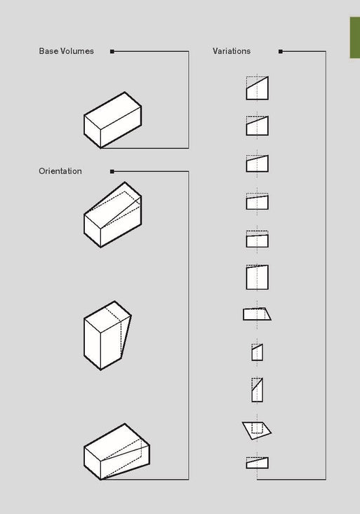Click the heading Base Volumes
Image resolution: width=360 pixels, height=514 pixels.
tap(66, 51)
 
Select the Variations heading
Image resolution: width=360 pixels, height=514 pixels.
tap(232, 51)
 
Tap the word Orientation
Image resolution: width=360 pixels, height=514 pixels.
tap(60, 171)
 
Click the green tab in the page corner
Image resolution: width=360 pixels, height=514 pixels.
tap(354, 39)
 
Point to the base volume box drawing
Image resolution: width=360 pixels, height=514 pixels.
tap(113, 120)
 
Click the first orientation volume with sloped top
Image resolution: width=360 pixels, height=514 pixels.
tap(113, 215)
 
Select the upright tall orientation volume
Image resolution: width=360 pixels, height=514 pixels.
tap(107, 335)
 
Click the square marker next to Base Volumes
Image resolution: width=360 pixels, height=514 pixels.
tap(112, 51)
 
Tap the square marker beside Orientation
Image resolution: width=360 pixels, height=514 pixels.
tap(112, 171)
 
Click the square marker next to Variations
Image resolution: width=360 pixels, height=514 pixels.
tap(281, 51)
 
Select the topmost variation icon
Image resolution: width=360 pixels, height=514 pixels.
tap(257, 88)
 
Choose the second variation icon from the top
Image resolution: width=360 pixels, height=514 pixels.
tap(257, 126)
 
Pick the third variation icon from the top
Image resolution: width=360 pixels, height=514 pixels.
tap(257, 163)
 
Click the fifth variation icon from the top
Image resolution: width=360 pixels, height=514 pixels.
tap(257, 239)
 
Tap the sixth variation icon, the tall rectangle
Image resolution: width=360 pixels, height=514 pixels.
tap(257, 276)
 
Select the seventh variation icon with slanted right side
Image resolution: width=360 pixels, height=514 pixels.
tap(257, 314)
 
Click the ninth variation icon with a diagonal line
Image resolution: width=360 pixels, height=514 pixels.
tap(257, 389)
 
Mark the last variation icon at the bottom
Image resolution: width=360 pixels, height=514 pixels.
tap(257, 462)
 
